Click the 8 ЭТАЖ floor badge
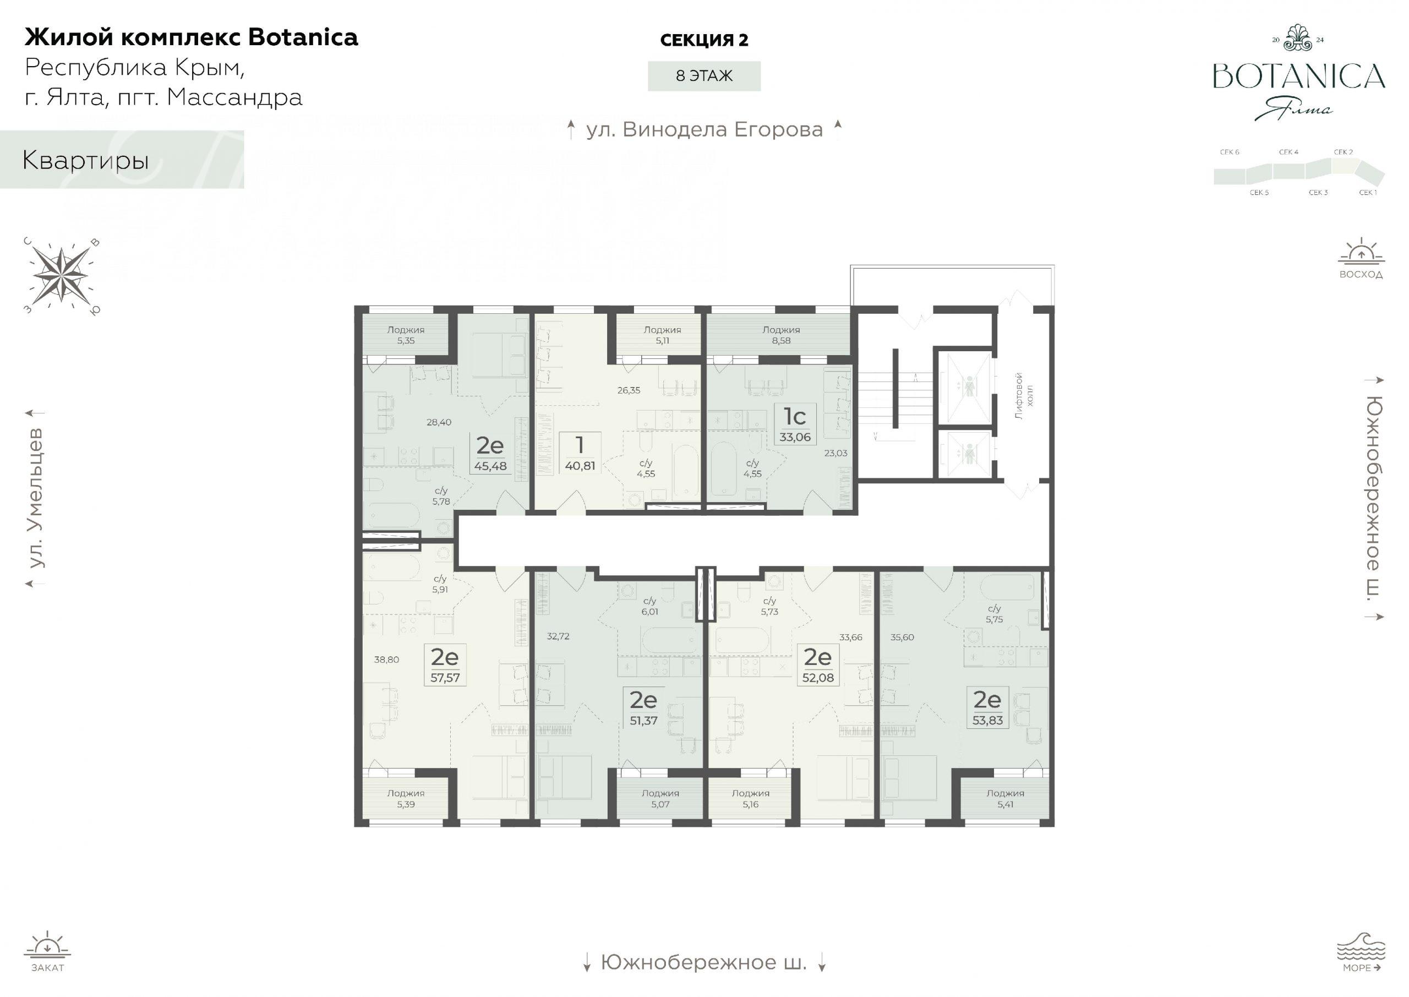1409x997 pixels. (704, 76)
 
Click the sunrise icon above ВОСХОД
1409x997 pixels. (1361, 252)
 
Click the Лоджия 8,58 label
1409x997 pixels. (780, 335)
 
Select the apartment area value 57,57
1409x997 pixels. (445, 678)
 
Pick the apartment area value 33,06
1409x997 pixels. (795, 437)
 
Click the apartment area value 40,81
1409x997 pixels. (580, 466)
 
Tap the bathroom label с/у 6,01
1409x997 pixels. (649, 607)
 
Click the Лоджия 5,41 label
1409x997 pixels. (1005, 799)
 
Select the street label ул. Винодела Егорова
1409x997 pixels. (704, 129)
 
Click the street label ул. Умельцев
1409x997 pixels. (37, 498)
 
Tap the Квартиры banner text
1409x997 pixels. (85, 160)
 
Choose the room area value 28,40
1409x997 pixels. (439, 422)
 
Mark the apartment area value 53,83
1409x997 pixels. (987, 721)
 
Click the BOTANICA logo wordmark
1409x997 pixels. (1299, 76)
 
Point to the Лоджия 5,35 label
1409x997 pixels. (406, 335)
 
